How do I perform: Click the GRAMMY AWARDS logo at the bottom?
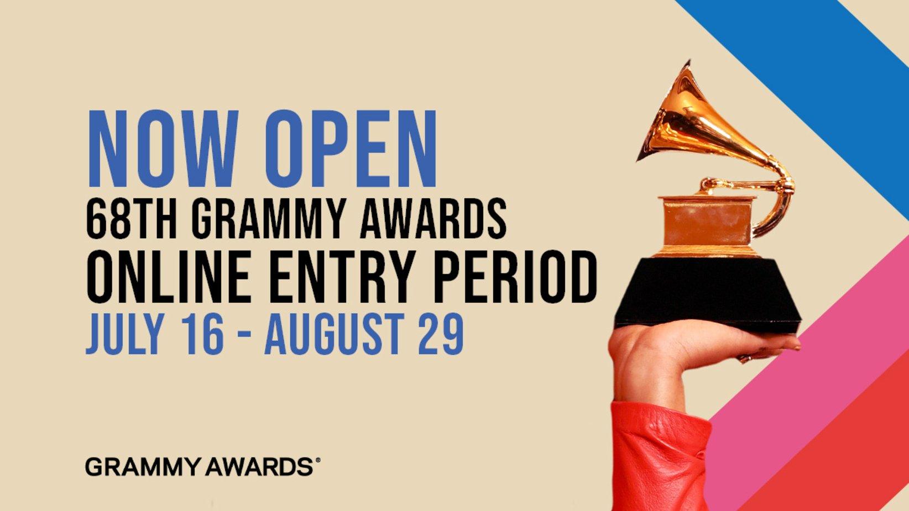199,467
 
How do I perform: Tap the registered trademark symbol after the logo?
317,460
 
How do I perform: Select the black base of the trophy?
708,296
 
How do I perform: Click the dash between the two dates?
245,336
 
